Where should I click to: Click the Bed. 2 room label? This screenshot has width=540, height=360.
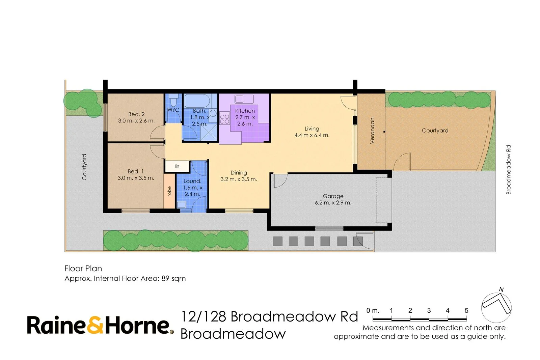136,114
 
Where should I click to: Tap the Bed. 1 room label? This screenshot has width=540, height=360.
136,172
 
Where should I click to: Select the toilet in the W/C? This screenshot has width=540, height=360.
173,101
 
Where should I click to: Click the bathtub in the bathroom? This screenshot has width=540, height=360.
197,101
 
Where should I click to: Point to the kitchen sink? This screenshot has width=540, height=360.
244,99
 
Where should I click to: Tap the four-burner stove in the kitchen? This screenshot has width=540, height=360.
224,119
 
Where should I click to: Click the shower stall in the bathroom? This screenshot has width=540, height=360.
209,132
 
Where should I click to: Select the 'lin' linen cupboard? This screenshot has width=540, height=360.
177,166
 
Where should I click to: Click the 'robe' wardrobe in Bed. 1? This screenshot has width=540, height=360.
169,191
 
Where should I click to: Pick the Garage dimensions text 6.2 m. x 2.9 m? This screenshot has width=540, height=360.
333,203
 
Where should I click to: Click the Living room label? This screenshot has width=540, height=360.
312,129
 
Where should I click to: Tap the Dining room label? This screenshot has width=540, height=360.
239,173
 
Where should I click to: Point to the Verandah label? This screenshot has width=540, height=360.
372,131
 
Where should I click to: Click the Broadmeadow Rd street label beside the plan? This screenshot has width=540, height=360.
508,170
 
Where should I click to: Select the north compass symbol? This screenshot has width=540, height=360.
496,306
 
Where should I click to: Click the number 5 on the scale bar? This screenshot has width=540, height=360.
466,310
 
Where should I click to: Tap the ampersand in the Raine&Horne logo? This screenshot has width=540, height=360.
96,325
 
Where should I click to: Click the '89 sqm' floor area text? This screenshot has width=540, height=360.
173,279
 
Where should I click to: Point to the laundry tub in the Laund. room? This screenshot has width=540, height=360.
181,204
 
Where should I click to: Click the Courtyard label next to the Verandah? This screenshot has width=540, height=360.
435,131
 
